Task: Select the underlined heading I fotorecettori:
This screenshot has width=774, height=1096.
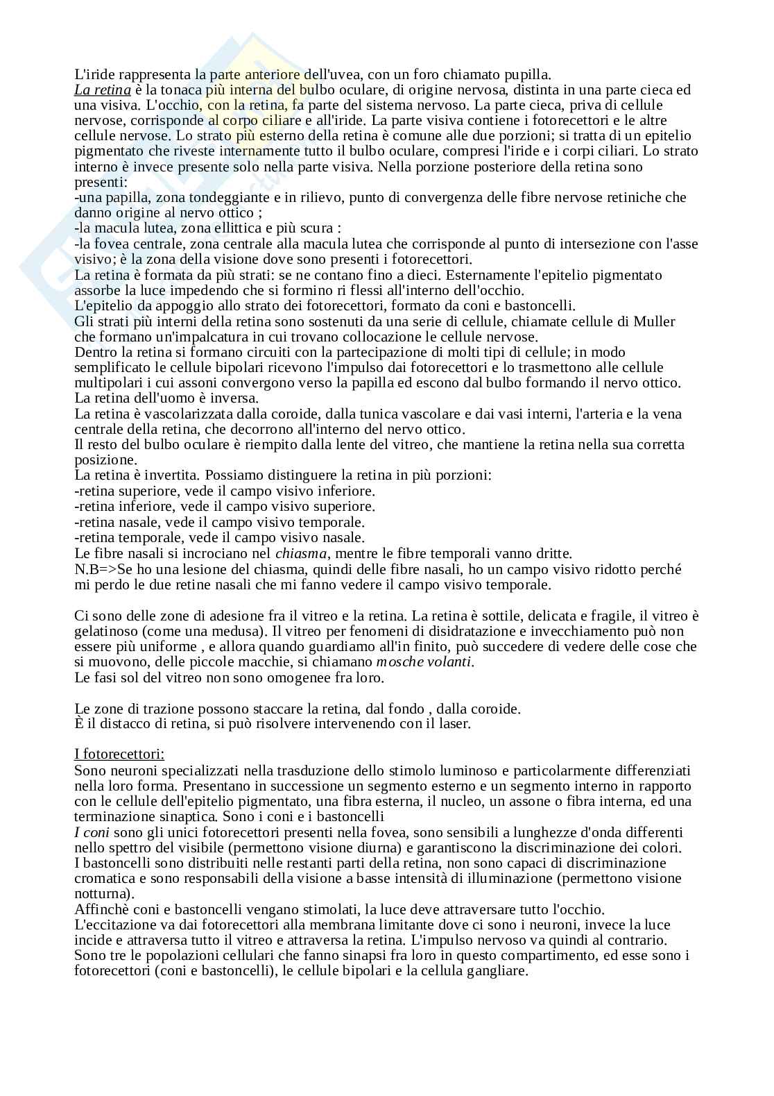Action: pyautogui.click(x=119, y=754)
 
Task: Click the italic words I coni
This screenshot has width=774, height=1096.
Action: pyautogui.click(x=92, y=832)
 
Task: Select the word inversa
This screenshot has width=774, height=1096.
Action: pyautogui.click(x=234, y=398)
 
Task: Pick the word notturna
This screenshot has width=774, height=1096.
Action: pyautogui.click(x=101, y=893)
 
